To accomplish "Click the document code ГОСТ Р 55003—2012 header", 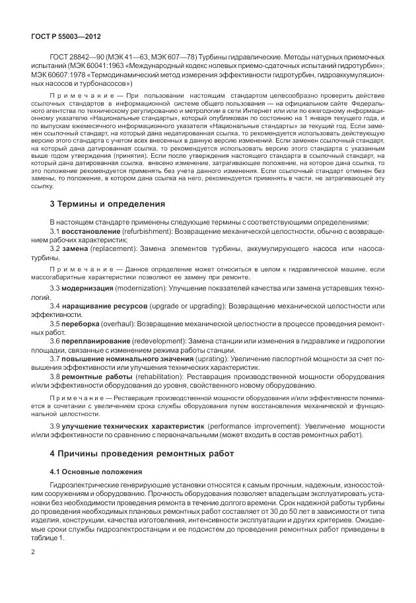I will (65, 36).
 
